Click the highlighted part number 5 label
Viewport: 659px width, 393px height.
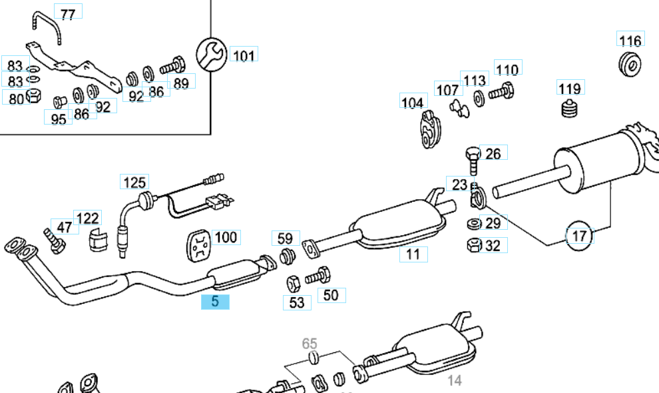[215, 302]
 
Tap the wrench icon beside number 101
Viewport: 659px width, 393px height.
[212, 53]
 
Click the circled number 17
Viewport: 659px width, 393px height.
[579, 235]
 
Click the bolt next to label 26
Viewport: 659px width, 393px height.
[472, 159]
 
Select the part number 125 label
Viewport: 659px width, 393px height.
[134, 182]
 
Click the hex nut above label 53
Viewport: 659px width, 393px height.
[294, 282]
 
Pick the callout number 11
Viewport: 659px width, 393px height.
[413, 254]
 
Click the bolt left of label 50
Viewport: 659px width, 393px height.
[318, 274]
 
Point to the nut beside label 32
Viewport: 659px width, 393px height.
[473, 244]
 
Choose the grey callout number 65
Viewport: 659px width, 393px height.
[310, 344]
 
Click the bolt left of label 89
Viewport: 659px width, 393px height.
[172, 67]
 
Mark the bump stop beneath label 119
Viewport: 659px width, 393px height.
[568, 109]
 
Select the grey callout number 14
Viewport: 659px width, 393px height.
[454, 380]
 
